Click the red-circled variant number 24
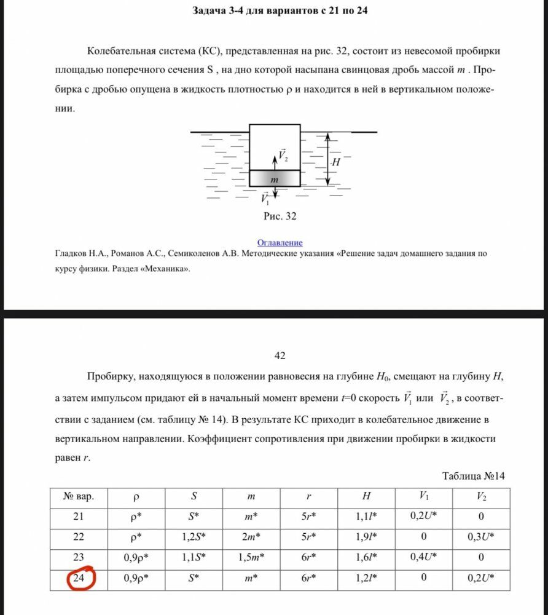(79, 579)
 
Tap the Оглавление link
(280, 243)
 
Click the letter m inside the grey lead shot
(274, 179)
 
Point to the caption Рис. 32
(280, 216)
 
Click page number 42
(280, 355)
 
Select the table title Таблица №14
(473, 475)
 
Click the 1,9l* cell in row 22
(366, 537)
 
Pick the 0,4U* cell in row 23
(423, 557)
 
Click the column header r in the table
(308, 496)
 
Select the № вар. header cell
(79, 496)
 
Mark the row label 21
(79, 517)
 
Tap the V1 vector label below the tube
(265, 198)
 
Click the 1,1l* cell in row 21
(366, 517)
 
